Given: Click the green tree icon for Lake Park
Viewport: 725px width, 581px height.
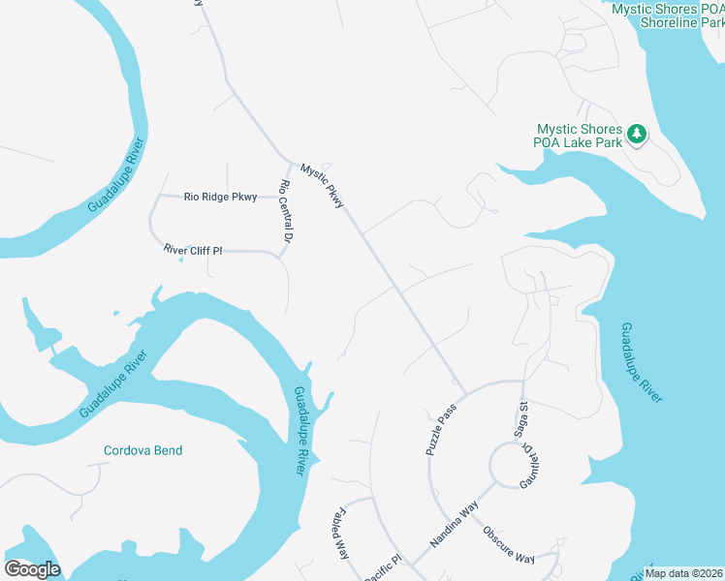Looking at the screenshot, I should pyautogui.click(x=637, y=134).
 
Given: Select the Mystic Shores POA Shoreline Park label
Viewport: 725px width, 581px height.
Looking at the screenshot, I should pyautogui.click(x=669, y=15).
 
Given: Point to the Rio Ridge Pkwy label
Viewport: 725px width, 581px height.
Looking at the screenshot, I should pyautogui.click(x=221, y=197).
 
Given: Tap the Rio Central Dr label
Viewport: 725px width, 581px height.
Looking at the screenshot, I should pyautogui.click(x=286, y=210).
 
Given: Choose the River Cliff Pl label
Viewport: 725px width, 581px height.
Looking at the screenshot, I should pyautogui.click(x=193, y=250).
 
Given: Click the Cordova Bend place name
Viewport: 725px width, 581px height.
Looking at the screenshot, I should pyautogui.click(x=142, y=450).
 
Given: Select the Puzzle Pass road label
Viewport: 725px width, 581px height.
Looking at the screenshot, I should pyautogui.click(x=440, y=431).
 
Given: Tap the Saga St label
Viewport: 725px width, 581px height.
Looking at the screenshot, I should pyautogui.click(x=520, y=420).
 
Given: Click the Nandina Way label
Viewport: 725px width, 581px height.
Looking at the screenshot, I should pyautogui.click(x=457, y=524).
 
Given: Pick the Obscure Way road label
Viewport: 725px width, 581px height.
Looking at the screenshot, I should pyautogui.click(x=508, y=545).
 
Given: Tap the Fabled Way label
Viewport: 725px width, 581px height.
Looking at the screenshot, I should pyautogui.click(x=339, y=535).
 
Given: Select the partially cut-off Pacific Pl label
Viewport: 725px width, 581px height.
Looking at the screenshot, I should pyautogui.click(x=383, y=568).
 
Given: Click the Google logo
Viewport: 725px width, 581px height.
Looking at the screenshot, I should pyautogui.click(x=32, y=568).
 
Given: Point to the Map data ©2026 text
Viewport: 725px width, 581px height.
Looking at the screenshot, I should pyautogui.click(x=682, y=573).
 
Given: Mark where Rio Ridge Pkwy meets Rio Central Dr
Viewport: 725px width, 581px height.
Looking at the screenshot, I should pyautogui.click(x=277, y=197).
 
